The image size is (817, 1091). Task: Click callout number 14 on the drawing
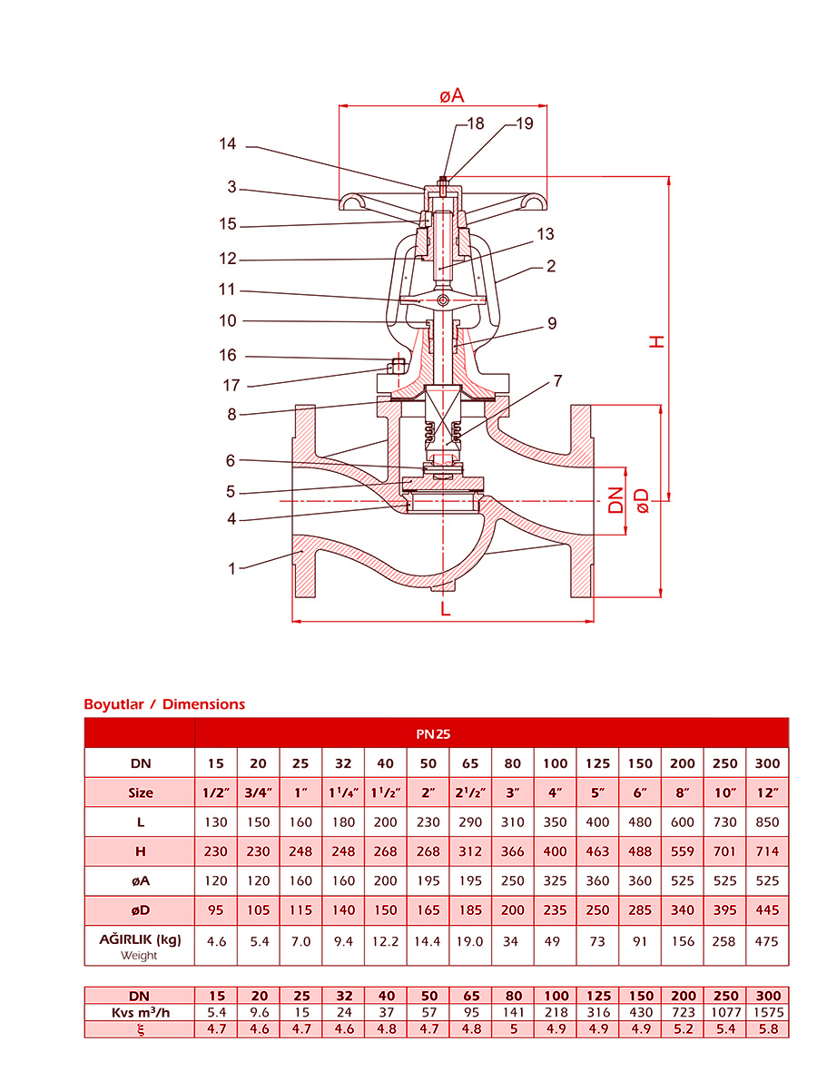point(227,144)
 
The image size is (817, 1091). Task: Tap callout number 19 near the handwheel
point(525,124)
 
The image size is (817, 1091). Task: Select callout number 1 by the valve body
point(232,569)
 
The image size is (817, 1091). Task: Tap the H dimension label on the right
point(655,341)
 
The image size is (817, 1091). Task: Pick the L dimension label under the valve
point(445,608)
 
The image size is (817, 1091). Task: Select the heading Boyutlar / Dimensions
point(164,703)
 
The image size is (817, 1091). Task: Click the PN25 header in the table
point(491,732)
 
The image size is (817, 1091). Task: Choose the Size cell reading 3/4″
point(258,792)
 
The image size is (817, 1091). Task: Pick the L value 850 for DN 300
point(767,822)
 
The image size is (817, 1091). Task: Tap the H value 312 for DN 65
point(469,851)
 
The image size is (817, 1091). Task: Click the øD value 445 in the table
point(767,909)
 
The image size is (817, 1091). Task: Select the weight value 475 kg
point(767,941)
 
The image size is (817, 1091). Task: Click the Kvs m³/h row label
point(140,1012)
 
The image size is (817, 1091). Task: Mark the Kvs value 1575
point(767,1012)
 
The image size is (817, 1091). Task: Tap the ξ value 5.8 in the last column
point(767,1029)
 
